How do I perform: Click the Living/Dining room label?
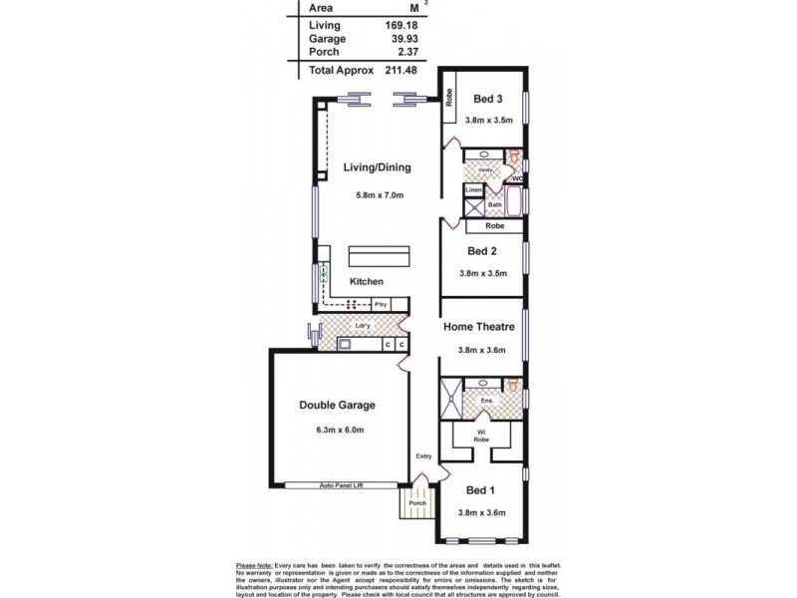377,167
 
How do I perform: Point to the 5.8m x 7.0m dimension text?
380,195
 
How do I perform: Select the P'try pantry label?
380,304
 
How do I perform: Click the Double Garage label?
337,406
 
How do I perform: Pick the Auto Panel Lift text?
341,486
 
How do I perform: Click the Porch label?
415,503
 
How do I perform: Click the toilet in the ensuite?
514,385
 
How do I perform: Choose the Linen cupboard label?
474,188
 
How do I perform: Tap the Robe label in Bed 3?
449,98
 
